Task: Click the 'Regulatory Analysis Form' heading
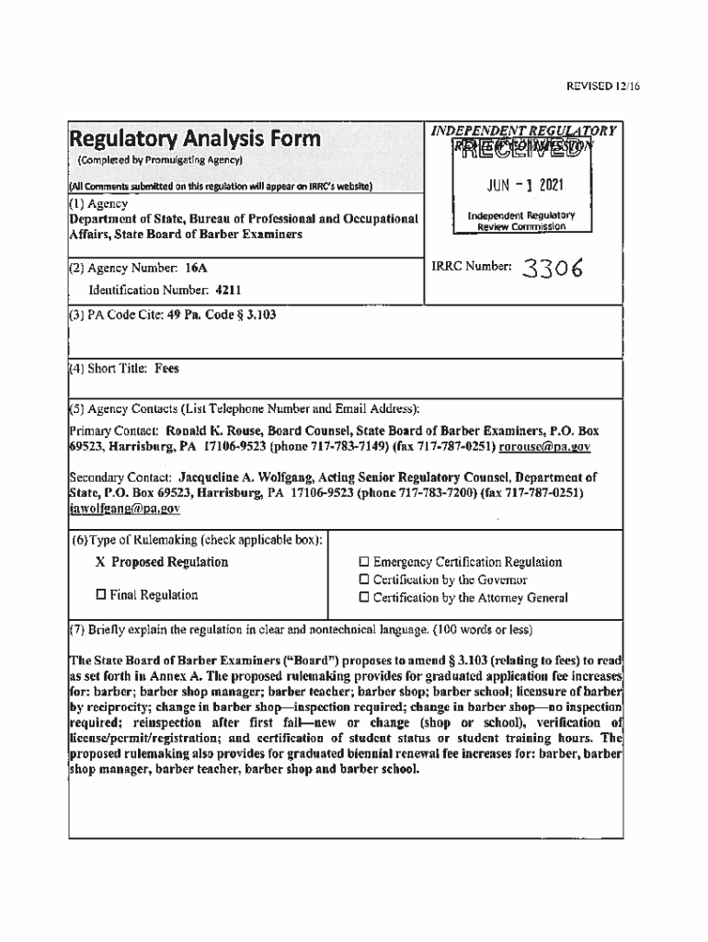196,139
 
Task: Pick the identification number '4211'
228,291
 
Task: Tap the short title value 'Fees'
167,369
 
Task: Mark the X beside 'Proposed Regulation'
100,562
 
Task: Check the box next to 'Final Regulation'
101,595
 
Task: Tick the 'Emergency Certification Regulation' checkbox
364,562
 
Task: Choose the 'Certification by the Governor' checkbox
364,580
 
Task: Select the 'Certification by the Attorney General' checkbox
364,598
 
